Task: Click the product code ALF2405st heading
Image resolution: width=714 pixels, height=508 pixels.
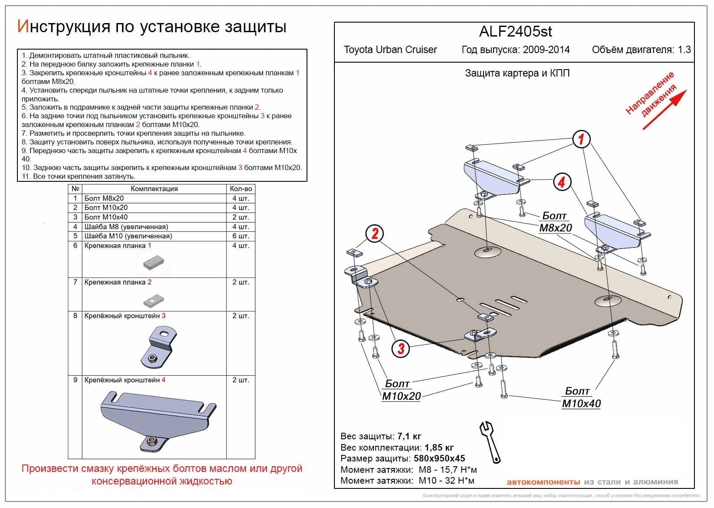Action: coord(515,32)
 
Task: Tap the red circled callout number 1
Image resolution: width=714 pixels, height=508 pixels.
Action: coord(581,139)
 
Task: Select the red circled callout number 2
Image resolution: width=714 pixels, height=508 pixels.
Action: coord(374,234)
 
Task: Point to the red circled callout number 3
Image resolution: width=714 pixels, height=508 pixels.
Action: coord(400,348)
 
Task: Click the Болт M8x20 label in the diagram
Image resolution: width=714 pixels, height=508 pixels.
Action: coord(555,222)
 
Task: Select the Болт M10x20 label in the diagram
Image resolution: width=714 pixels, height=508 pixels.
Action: coord(401,390)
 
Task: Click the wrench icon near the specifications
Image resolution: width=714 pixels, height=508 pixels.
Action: coord(491,441)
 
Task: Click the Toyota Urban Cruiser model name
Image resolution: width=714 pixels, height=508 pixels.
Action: coord(390,50)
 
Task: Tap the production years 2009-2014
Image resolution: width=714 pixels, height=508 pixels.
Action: coord(546,50)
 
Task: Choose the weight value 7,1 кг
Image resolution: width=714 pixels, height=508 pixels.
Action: coord(409,436)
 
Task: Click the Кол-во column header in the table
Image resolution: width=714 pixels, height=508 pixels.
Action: coord(240,189)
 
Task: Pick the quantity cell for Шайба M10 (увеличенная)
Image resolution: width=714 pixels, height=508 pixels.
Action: coord(240,236)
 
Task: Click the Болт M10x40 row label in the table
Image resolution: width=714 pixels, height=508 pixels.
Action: coord(106,217)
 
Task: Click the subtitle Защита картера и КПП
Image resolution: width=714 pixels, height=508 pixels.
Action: coord(517,73)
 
